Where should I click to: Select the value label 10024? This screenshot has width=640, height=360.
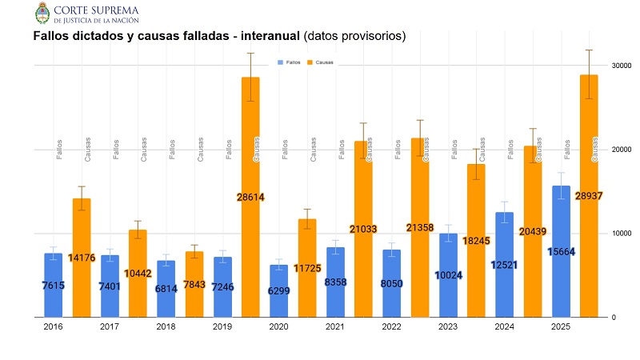click(448, 275)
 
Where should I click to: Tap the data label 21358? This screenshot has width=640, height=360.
click(420, 228)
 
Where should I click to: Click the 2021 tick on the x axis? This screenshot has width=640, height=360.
click(336, 326)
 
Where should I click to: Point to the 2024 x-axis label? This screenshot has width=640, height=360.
click(505, 326)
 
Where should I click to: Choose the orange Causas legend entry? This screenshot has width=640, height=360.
click(321, 62)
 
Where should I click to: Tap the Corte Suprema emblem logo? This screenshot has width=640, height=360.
click(42, 13)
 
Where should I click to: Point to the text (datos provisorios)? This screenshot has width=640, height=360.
click(354, 37)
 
